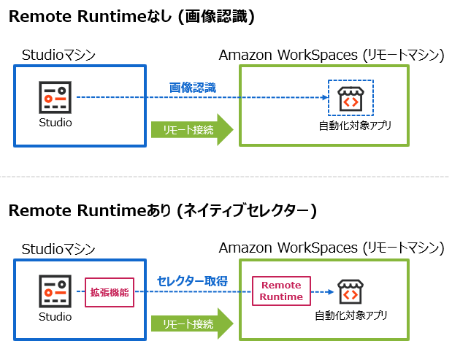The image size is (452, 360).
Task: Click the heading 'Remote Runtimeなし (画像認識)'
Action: [131, 18]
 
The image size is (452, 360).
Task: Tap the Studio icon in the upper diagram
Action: [55, 97]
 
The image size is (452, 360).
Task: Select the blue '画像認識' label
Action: [193, 88]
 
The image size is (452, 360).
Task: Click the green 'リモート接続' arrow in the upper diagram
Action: [191, 129]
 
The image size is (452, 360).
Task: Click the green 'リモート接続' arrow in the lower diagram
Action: [191, 323]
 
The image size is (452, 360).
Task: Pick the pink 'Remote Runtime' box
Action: [281, 291]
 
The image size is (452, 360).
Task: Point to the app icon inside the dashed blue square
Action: [351, 98]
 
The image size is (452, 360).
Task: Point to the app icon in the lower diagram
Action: [350, 291]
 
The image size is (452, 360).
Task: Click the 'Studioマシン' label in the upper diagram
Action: [59, 55]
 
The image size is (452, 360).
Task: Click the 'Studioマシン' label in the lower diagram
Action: [59, 248]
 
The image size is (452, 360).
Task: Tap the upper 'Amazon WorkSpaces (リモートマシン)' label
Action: [332, 55]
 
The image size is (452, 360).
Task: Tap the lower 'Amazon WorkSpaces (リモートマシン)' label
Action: [332, 248]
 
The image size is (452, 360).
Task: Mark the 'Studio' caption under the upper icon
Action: [55, 123]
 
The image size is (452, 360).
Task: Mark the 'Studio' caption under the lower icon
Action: [55, 316]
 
